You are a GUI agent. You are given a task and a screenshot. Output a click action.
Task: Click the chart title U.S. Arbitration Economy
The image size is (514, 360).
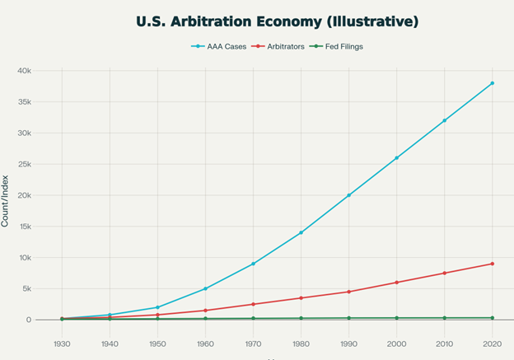click(x=257, y=21)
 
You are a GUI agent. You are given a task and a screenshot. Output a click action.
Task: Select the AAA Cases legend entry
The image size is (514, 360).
click(x=217, y=46)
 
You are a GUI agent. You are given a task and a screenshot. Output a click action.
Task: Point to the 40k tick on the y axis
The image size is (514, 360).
click(x=24, y=71)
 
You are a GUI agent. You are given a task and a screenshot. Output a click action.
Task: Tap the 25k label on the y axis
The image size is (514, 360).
click(x=24, y=164)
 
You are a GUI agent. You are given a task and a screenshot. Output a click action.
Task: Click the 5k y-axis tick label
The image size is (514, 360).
click(x=26, y=288)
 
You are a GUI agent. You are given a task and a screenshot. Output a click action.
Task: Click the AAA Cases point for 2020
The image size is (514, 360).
click(x=492, y=83)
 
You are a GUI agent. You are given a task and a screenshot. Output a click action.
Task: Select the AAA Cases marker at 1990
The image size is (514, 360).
click(x=348, y=195)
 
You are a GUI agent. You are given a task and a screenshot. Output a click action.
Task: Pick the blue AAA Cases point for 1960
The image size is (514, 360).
click(x=205, y=288)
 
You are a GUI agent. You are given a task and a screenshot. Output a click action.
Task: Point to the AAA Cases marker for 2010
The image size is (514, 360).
click(x=444, y=120)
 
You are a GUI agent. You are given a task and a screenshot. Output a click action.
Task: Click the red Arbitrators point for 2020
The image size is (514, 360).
click(x=492, y=264)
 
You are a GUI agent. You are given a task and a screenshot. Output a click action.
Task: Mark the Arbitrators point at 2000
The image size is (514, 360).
click(x=396, y=283)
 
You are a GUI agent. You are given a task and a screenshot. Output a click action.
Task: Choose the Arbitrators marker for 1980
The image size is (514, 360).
click(x=301, y=297)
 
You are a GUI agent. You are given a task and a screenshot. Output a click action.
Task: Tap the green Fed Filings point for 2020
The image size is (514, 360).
click(x=492, y=318)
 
